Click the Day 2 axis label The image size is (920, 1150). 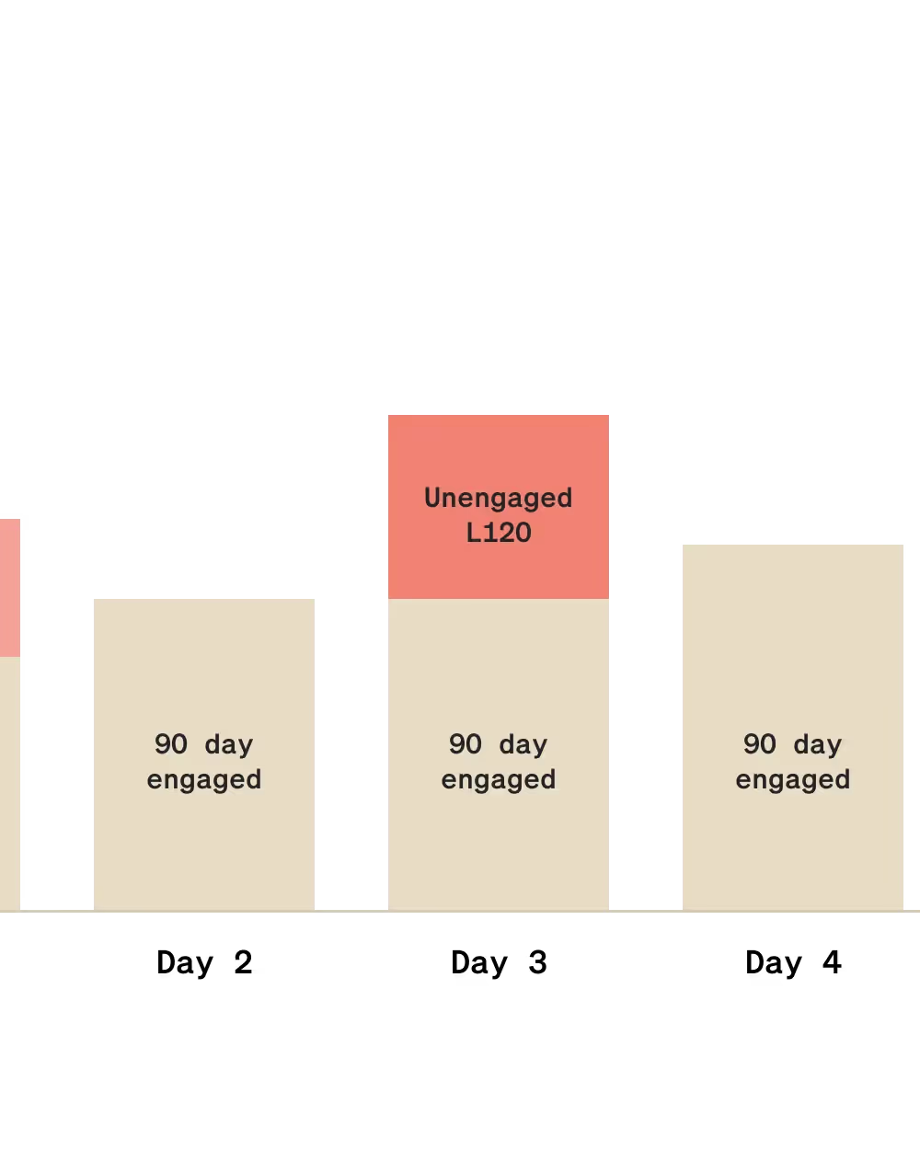coord(204,963)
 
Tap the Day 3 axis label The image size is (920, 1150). coord(499,963)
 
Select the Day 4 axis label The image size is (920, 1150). coord(793,963)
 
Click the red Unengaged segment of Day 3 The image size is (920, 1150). coord(499,507)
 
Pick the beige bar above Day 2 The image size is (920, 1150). coord(204,754)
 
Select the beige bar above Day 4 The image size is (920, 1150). coord(793,727)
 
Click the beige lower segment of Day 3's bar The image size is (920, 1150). coord(499,754)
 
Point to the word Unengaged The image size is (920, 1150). coord(499,499)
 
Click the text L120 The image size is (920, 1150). coord(499,533)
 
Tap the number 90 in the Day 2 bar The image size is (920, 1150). coord(171,744)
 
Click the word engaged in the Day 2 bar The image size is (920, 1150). coord(204,780)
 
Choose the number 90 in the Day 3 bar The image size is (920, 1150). coord(466,744)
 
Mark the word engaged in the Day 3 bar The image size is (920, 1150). coord(499,780)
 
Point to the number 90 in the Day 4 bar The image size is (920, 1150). coord(760,744)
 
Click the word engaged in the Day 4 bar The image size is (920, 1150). coord(793,780)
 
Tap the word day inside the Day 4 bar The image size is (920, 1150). coord(818,745)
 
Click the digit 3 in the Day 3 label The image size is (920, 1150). coord(538,962)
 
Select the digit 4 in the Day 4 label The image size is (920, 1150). coord(833,962)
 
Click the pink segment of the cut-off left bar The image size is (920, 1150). coord(10,588)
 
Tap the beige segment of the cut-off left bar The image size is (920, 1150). coord(10,783)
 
